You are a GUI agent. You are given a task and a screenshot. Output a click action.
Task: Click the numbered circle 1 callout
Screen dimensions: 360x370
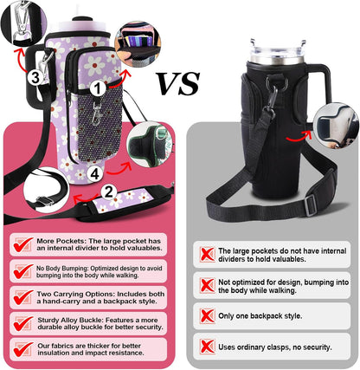point(98,88)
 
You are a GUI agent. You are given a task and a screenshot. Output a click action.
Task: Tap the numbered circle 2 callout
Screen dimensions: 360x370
point(108,191)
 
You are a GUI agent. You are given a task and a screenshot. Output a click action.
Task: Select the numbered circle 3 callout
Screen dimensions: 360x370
point(35,77)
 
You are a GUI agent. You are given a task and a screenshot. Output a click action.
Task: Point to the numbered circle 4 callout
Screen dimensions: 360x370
point(95,173)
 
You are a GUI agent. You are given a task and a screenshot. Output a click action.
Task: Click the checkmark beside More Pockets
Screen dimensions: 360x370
point(22,244)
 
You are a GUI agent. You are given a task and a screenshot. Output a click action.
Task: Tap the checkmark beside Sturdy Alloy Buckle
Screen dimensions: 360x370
point(22,323)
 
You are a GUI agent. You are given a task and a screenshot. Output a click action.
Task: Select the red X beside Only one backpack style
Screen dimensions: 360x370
point(208,315)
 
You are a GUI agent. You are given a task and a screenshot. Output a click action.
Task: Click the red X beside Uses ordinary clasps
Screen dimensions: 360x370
point(208,347)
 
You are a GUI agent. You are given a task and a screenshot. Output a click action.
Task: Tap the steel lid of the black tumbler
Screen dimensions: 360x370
point(278,54)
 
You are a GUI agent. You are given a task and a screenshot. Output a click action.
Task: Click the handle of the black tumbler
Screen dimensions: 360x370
point(319,84)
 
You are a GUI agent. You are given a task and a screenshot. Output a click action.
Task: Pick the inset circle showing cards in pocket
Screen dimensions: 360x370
point(138,44)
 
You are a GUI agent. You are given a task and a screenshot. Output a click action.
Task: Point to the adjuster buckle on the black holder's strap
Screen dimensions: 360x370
point(310,205)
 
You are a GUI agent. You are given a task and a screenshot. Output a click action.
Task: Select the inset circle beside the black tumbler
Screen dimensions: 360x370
point(336,126)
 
